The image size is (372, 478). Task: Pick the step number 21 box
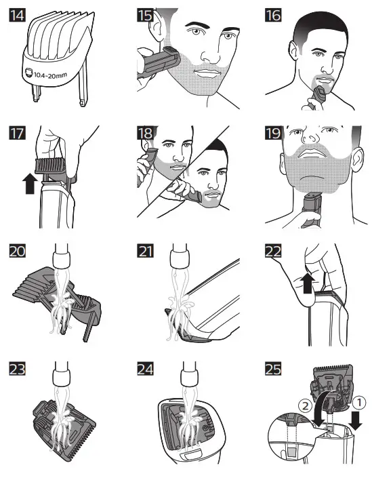coord(144,252)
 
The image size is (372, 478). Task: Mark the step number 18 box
coord(144,132)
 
